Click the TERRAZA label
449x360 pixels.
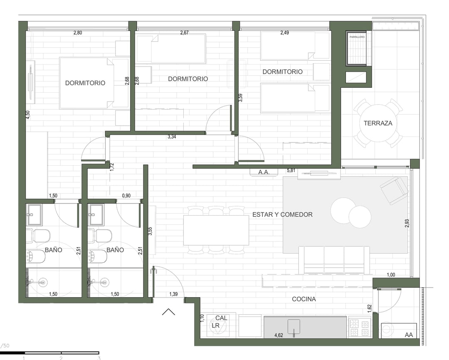coord(377,123)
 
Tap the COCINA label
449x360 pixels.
coord(304,299)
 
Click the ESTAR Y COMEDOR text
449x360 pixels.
coord(282,214)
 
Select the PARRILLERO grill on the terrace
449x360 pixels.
coord(357,48)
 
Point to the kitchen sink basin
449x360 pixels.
coord(294,326)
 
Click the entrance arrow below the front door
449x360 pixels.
coord(168,312)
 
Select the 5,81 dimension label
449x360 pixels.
coord(291,171)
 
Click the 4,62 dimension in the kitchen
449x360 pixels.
coord(279,335)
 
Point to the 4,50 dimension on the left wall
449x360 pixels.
coord(28,115)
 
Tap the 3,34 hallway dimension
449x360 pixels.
coord(172,137)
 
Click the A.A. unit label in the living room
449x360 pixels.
coord(264,172)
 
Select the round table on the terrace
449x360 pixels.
coord(378,123)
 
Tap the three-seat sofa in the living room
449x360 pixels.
coord(334,260)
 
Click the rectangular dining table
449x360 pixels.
coord(216,230)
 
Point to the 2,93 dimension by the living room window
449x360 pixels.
coord(407,223)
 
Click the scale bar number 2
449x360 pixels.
coord(61,358)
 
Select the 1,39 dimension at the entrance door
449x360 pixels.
coord(173,294)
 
